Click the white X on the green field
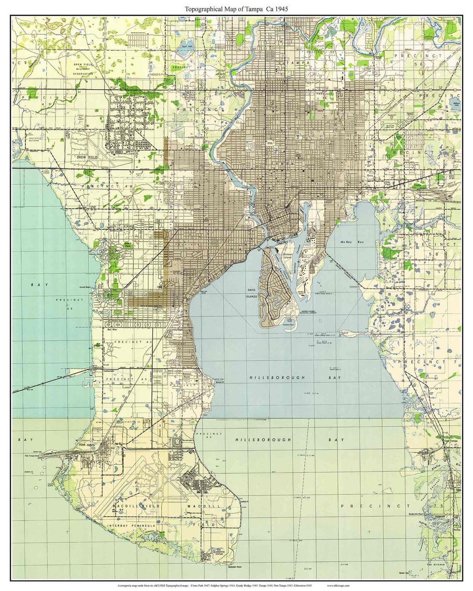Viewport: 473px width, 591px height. (399, 142)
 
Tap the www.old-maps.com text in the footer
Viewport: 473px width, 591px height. (338, 585)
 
